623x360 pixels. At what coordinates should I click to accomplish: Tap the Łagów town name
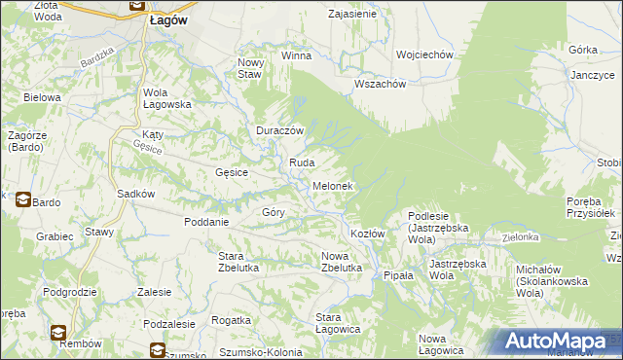coord(169,19)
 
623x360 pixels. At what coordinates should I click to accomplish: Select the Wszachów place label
coord(380,83)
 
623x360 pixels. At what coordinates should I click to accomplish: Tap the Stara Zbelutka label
coord(230,261)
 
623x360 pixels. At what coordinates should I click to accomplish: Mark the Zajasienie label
coord(352,15)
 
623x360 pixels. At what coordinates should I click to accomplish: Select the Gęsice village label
coord(232,172)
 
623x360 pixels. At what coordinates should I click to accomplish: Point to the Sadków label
coord(136,193)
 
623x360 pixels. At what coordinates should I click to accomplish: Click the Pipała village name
coord(398,275)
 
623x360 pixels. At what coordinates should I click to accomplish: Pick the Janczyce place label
coord(593,75)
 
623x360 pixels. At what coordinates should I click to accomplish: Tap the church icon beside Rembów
coord(59,331)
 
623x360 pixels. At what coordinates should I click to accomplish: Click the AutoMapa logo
coord(559,341)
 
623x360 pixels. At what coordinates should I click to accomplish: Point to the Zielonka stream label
coord(521,236)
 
